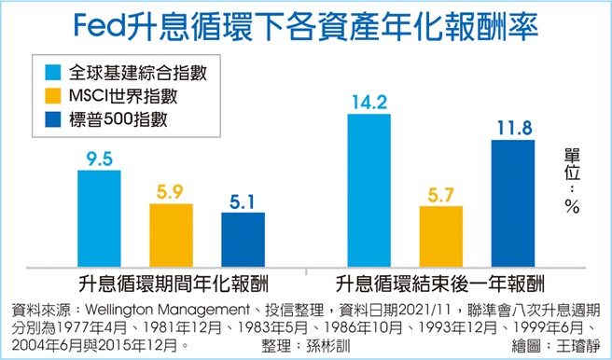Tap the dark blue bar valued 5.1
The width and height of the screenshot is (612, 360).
(x=243, y=238)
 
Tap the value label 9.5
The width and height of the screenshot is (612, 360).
(x=99, y=158)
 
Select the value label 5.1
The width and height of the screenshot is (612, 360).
(x=243, y=201)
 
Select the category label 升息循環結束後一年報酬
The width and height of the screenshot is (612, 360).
(x=440, y=281)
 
